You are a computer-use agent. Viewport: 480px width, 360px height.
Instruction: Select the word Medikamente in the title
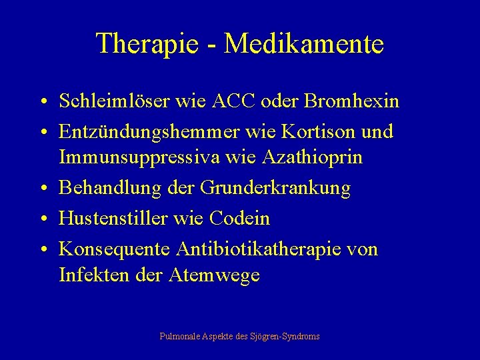point(304,44)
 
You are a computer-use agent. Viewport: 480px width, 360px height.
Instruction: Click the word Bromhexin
point(351,101)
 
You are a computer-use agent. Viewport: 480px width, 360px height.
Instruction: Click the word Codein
point(240,218)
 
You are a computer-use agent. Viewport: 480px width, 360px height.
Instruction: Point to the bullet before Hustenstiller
point(42,219)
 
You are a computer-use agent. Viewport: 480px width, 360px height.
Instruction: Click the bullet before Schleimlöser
point(42,103)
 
